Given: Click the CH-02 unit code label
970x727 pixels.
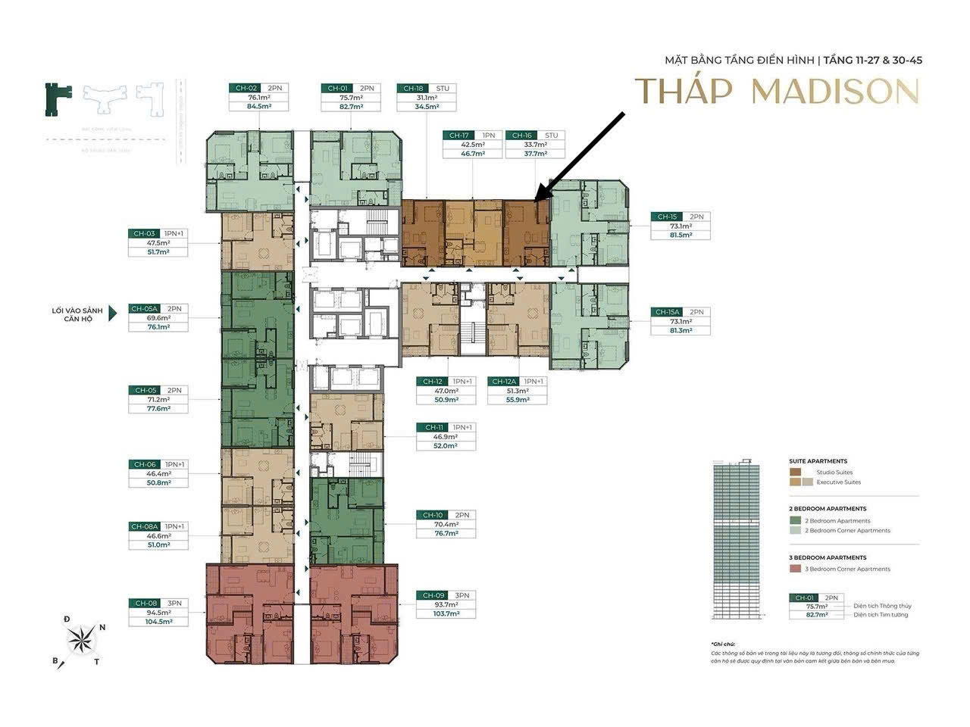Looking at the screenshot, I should [x=243, y=89].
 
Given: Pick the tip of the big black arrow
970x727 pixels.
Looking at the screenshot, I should [x=537, y=201].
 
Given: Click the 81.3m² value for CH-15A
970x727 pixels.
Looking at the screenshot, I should [x=680, y=330].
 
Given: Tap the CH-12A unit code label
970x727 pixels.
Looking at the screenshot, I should [x=503, y=382].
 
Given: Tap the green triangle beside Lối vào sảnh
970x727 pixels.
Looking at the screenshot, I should [x=113, y=314].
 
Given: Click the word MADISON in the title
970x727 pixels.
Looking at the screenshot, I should [x=835, y=92].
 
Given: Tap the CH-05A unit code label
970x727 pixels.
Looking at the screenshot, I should [x=143, y=309].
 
